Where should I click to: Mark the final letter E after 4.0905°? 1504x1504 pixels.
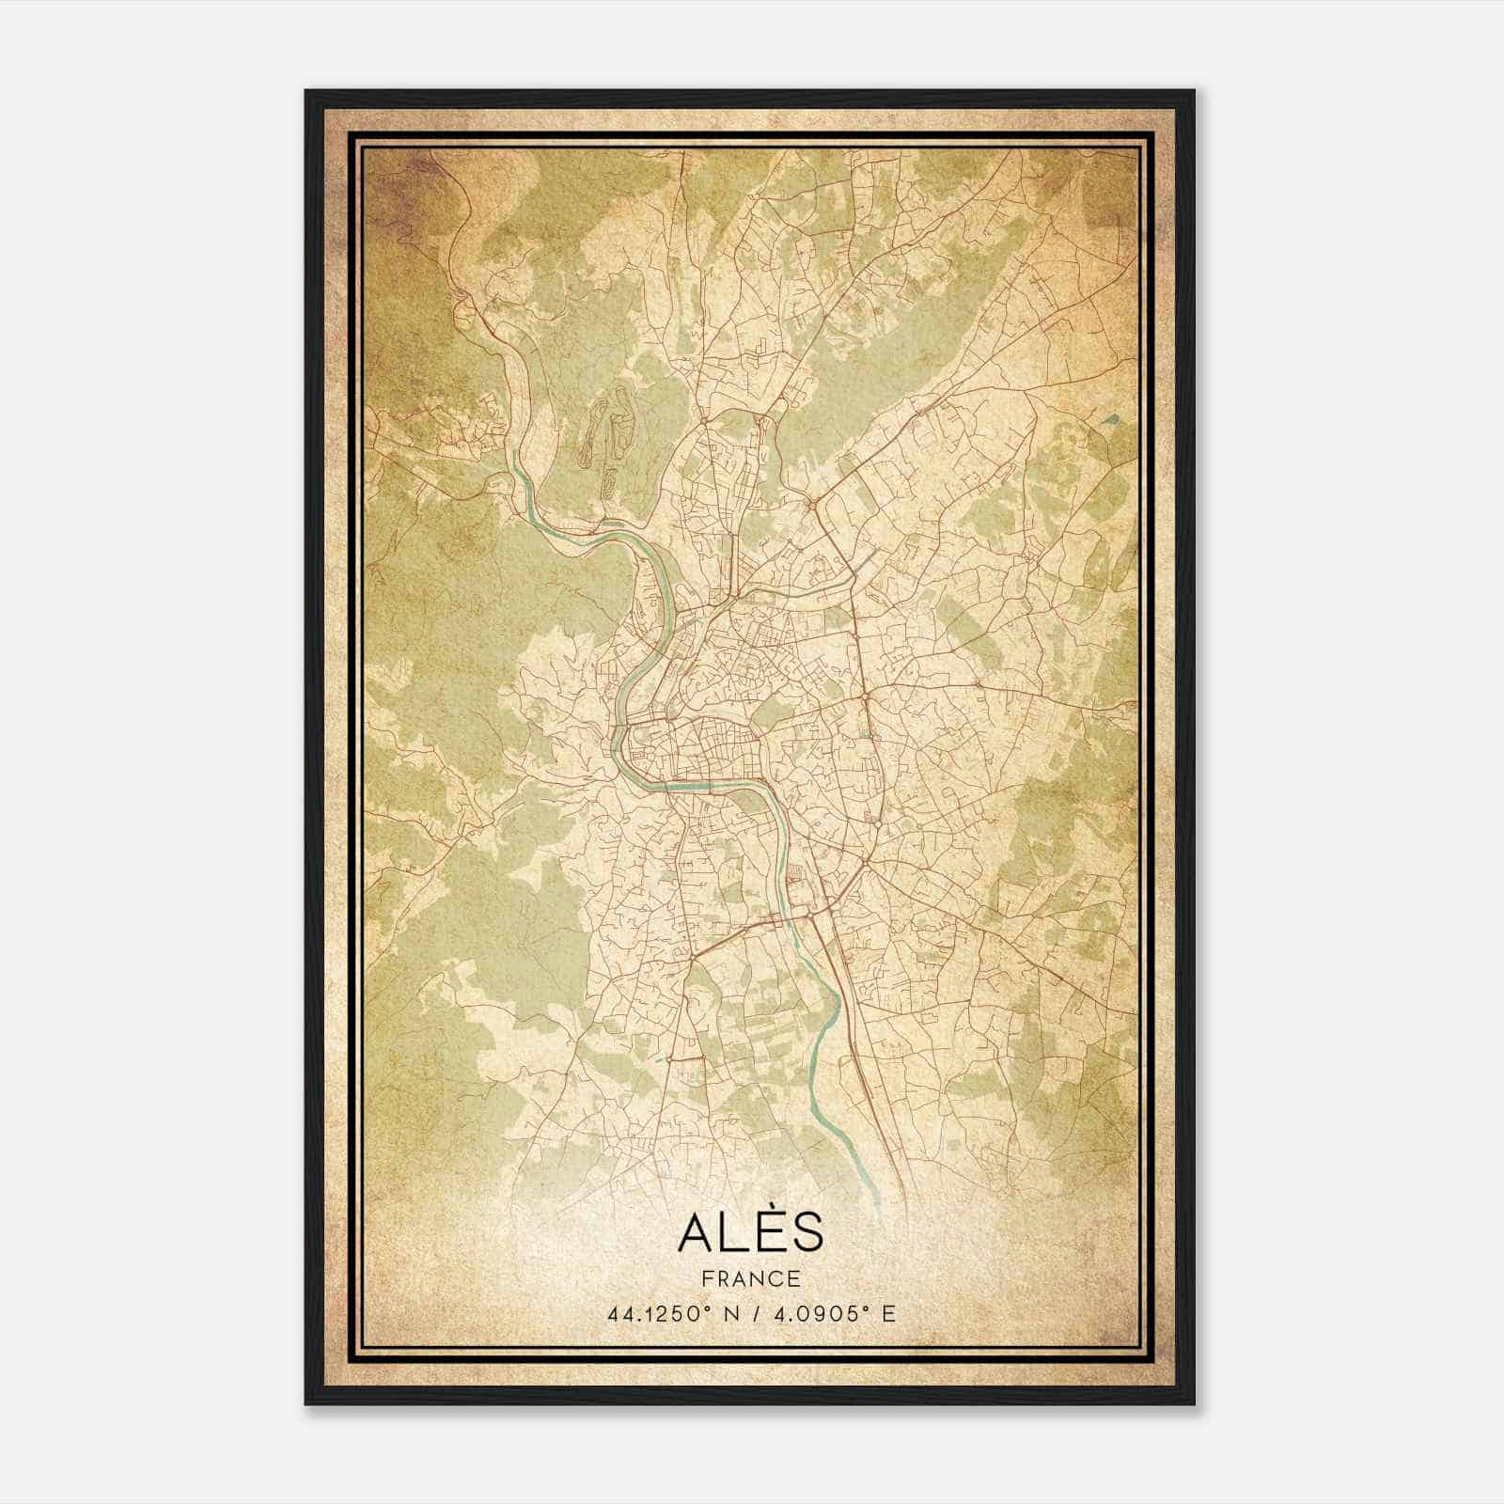888,1313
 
